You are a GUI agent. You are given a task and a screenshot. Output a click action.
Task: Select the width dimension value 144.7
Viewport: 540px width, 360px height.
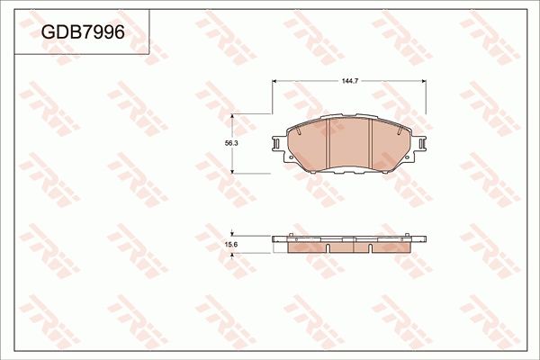click(x=350, y=82)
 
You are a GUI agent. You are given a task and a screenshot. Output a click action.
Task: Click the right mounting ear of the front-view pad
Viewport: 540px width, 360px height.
click(x=422, y=145)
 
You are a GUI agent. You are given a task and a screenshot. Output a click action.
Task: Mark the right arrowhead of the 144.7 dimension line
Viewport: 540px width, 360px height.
click(x=426, y=82)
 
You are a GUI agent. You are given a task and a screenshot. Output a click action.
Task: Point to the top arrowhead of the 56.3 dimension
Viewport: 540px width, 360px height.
click(x=234, y=117)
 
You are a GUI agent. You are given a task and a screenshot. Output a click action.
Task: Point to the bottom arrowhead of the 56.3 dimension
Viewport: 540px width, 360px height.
click(x=234, y=170)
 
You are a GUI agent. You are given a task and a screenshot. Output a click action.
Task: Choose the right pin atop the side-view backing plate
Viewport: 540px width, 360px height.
click(x=411, y=238)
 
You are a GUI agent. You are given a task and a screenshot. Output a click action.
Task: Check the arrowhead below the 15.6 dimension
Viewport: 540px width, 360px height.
click(x=234, y=255)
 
